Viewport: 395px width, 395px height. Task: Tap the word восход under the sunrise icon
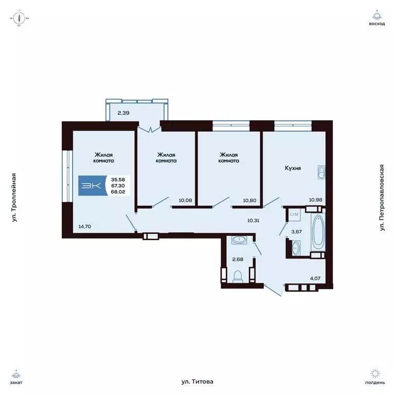(376, 24)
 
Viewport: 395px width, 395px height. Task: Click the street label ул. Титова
(197, 382)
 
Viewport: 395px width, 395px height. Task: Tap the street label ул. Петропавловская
(382, 197)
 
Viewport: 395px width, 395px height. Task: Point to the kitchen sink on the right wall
(321, 172)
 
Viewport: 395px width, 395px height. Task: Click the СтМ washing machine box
(294, 214)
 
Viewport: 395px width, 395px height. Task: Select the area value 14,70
(86, 225)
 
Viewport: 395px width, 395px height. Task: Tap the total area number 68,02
(118, 191)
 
